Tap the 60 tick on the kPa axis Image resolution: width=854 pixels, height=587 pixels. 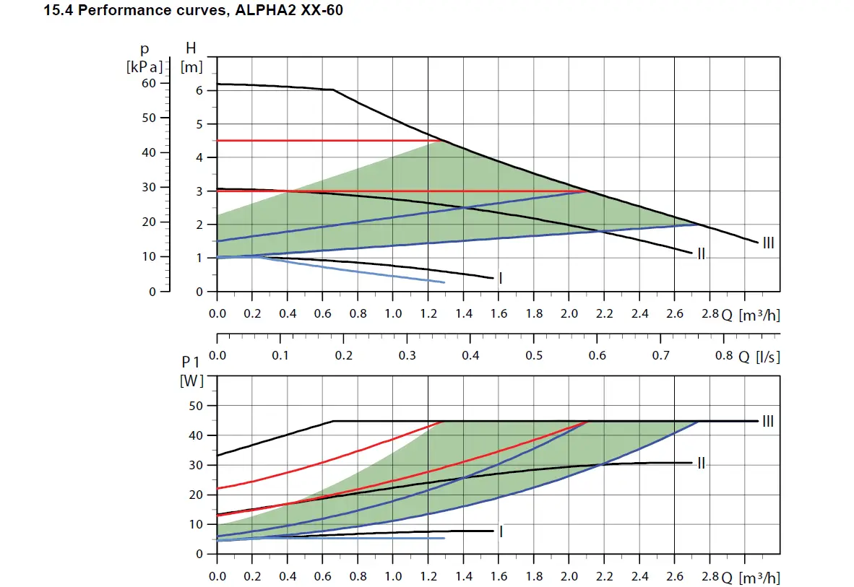coord(149,83)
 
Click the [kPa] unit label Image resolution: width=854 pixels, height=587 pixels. coord(144,66)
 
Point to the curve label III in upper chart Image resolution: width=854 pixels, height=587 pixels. coord(769,243)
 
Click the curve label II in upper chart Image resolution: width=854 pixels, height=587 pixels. coord(701,254)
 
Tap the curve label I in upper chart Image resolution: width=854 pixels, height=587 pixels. coord(500,278)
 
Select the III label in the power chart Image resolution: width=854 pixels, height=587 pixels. coord(768,421)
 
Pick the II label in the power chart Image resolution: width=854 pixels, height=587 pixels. coord(701,463)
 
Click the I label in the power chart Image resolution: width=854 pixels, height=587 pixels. coord(500,531)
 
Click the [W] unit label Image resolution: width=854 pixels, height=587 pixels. coord(191,381)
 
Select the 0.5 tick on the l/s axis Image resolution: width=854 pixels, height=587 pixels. coord(534,356)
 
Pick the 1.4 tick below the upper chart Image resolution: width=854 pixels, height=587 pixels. coord(464,314)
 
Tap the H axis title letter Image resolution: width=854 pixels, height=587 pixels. coord(191,49)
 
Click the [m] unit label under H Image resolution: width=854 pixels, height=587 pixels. coord(191,66)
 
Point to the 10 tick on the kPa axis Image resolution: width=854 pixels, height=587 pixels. coord(149,257)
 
